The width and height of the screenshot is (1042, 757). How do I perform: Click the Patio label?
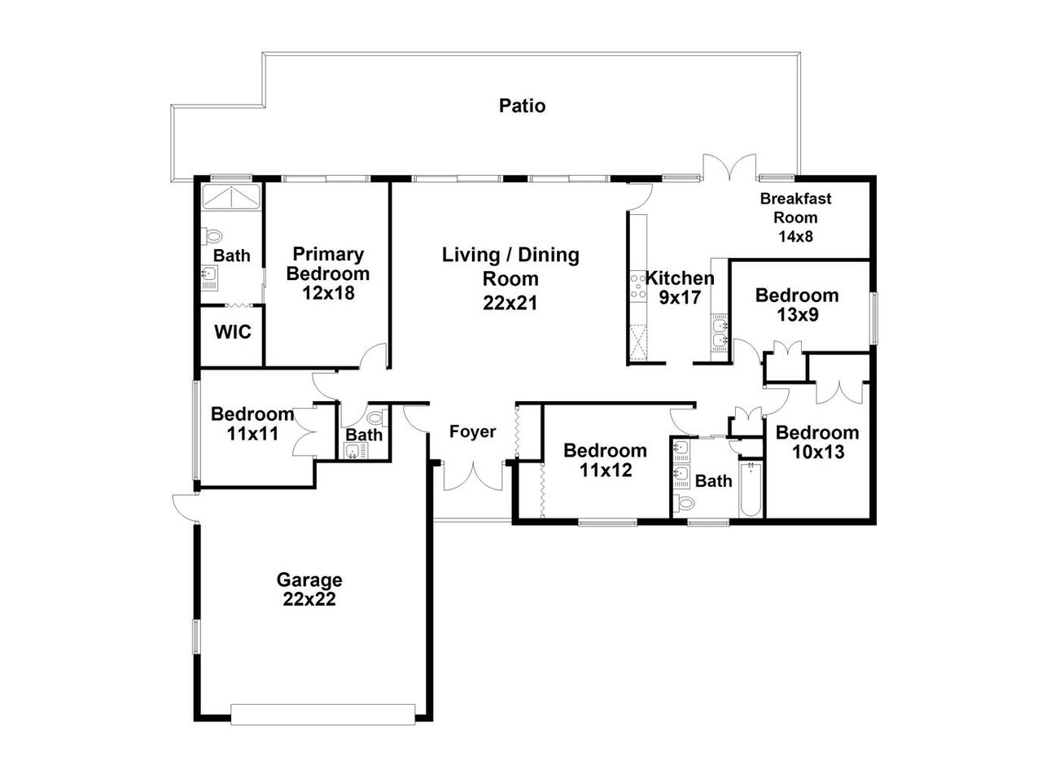tap(522, 106)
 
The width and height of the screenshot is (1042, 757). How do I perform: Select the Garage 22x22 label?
tap(309, 590)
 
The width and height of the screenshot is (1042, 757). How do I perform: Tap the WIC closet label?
tap(232, 332)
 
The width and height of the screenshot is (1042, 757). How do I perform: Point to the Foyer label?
tap(472, 431)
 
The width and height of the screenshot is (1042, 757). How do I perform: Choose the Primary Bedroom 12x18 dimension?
tap(328, 293)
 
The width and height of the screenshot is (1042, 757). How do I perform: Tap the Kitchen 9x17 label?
tap(680, 287)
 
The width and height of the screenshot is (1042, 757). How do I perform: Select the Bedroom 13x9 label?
tap(796, 304)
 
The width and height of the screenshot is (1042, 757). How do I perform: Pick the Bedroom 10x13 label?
tap(817, 442)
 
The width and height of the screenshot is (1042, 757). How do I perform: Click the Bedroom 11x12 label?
tap(605, 460)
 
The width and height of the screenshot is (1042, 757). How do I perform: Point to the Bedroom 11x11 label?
tap(252, 423)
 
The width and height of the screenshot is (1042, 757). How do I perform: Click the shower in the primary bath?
tap(231, 196)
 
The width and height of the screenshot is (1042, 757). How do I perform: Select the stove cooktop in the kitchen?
tap(637, 287)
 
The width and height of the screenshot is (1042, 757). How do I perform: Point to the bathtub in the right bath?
tap(750, 490)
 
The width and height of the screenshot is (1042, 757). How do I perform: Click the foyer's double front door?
tap(472, 476)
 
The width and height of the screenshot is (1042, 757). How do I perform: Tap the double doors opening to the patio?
tap(730, 167)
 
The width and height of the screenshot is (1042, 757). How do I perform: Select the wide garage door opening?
tap(324, 714)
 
